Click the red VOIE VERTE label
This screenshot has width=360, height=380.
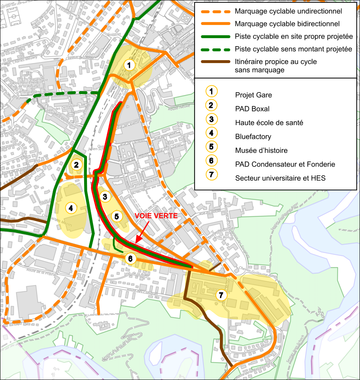[156, 216]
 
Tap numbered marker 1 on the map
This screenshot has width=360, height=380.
[129, 65]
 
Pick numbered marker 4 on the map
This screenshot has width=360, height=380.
[70, 207]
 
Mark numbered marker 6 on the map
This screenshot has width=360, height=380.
[130, 258]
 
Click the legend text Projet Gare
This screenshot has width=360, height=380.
[253, 95]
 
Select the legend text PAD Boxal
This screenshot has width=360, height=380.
[252, 109]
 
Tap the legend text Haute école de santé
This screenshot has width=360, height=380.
[269, 123]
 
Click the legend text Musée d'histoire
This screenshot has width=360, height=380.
[261, 150]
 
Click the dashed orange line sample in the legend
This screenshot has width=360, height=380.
[213, 11]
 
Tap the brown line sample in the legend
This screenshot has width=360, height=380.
[213, 62]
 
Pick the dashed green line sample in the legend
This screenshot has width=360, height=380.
[213, 49]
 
